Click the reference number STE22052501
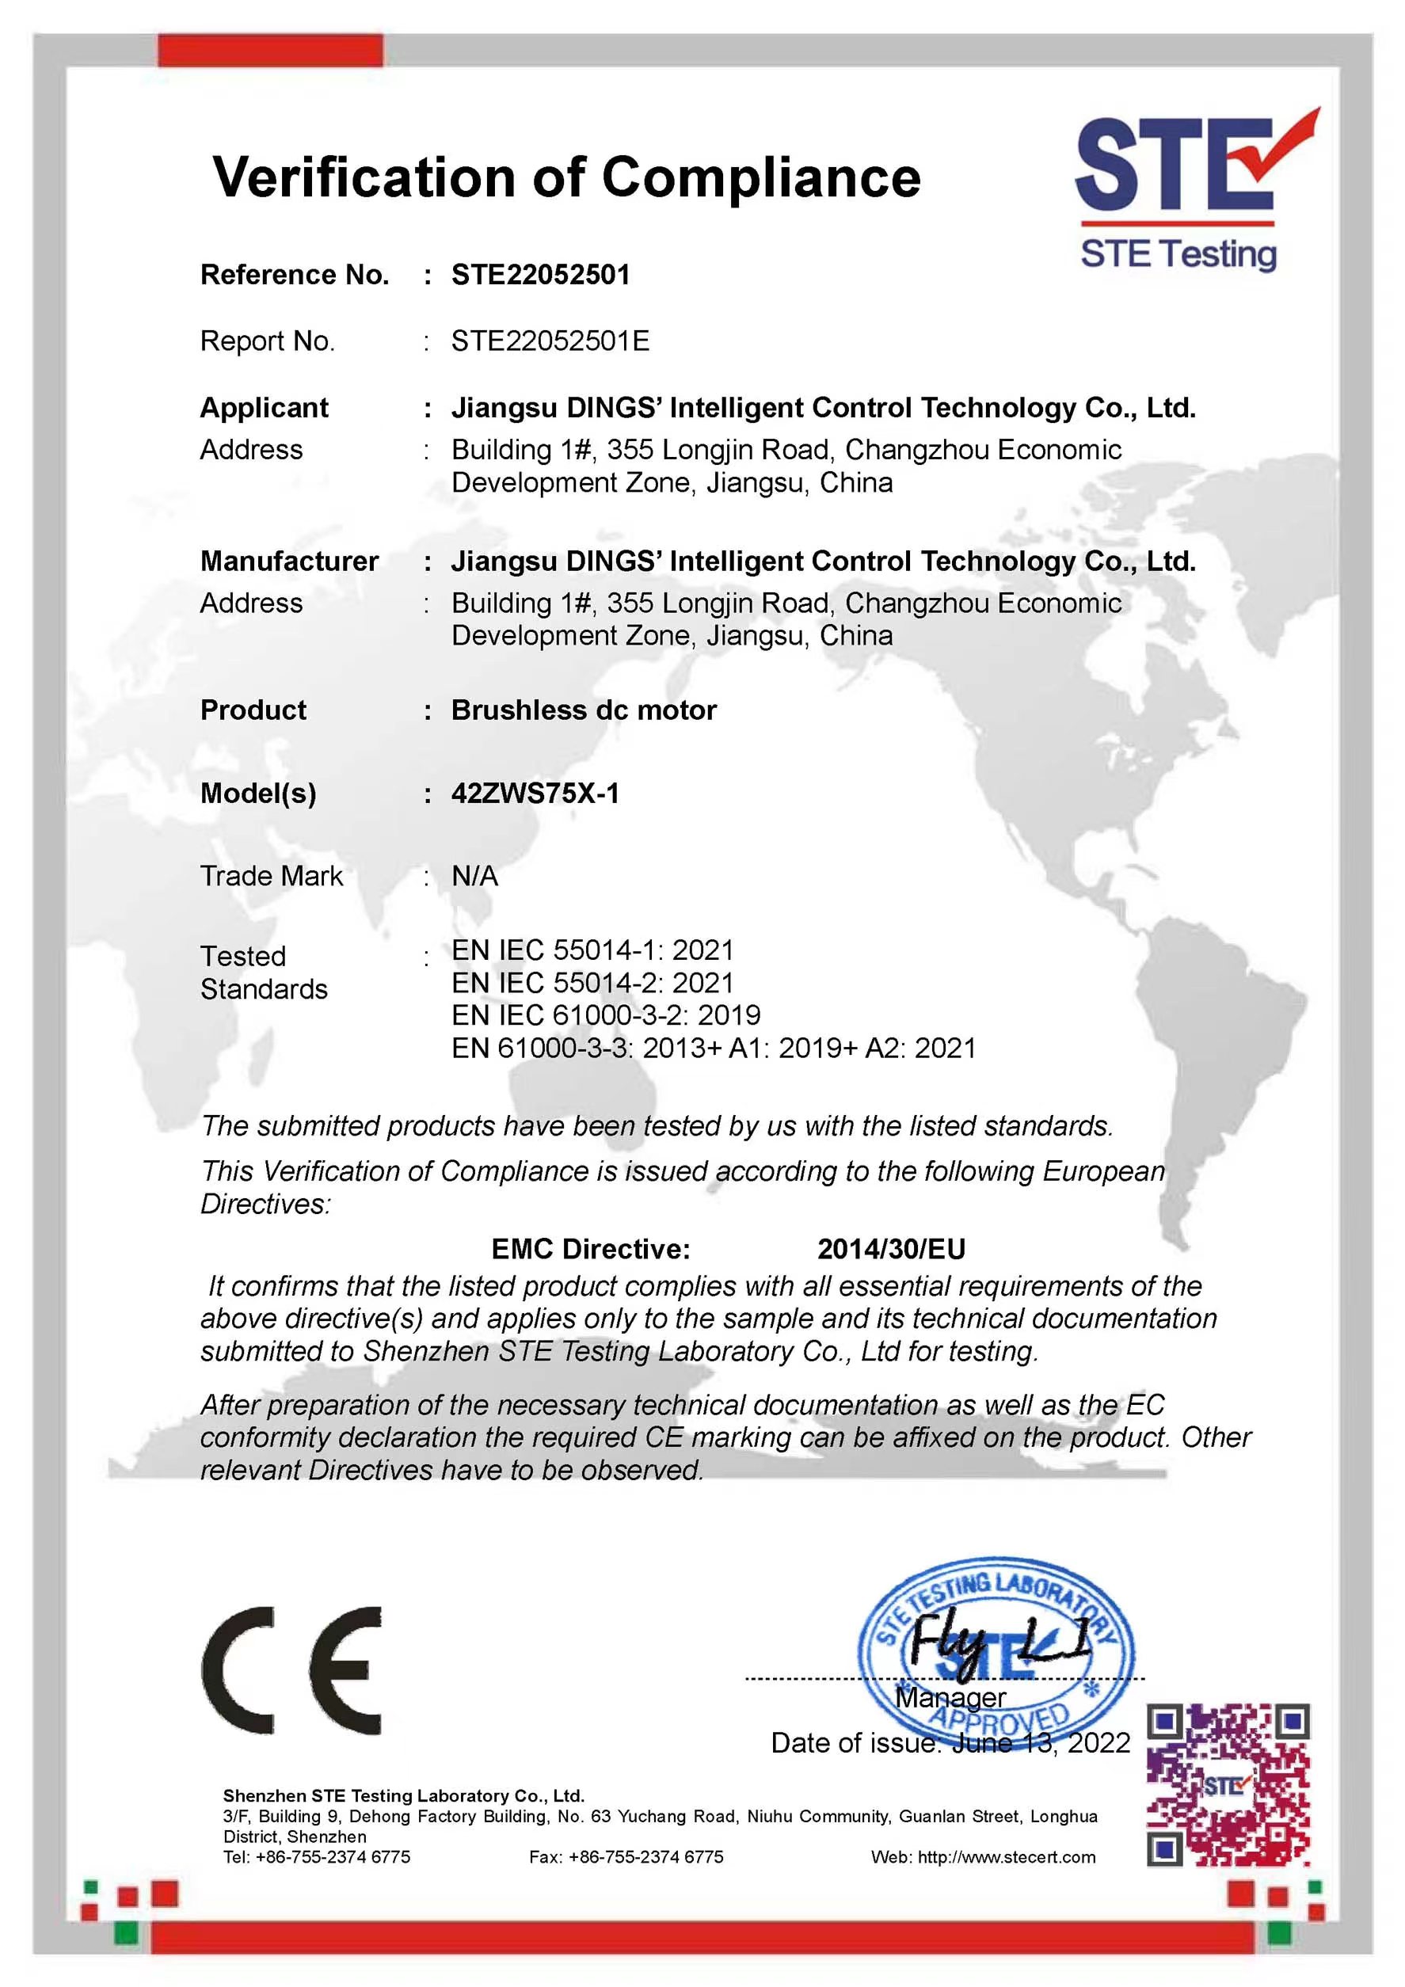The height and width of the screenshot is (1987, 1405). point(540,276)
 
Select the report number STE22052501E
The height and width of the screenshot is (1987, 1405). point(550,341)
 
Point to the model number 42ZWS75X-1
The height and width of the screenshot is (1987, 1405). point(535,794)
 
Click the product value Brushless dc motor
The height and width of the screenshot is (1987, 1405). point(584,710)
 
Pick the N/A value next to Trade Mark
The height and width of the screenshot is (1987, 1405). point(474,877)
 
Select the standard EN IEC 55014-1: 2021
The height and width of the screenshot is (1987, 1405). point(592,950)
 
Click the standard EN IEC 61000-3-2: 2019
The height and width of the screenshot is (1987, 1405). point(606,1015)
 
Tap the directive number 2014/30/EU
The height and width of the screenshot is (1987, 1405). point(891,1249)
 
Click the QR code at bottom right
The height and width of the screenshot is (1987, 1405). point(1228,1784)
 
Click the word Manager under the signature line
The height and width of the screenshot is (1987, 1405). point(950,1698)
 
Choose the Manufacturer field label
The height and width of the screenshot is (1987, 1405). point(289,561)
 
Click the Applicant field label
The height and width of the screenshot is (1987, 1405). point(264,408)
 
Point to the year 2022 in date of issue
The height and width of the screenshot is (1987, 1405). point(1098,1742)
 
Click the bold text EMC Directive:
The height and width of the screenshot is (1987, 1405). point(590,1249)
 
